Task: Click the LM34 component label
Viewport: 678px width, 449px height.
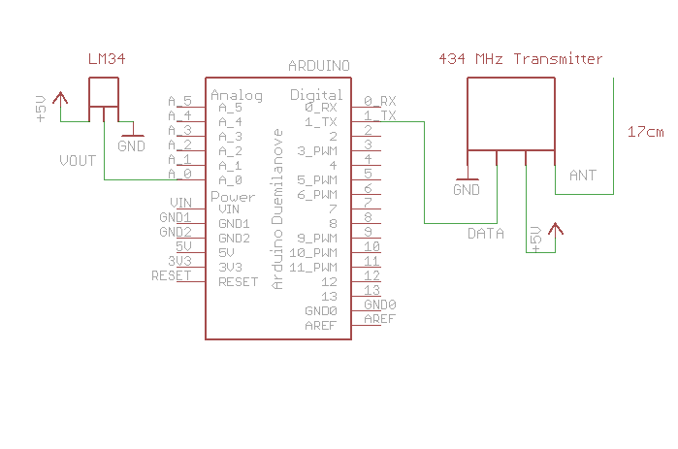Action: coord(108,60)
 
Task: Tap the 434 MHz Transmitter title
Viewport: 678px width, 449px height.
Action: coord(521,59)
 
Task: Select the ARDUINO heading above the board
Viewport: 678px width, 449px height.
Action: coord(319,65)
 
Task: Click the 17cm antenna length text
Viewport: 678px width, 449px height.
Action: coord(645,131)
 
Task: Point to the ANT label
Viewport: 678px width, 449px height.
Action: coord(582,176)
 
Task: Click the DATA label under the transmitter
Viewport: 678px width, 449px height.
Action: coord(486,234)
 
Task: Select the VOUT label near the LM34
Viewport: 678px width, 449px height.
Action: coord(78,160)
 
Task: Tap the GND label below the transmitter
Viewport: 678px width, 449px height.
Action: coord(467,190)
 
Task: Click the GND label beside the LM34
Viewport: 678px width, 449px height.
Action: coord(131,146)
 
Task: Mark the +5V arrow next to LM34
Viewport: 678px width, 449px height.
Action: coord(61,97)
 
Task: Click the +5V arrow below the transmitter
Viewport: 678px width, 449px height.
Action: coord(555,230)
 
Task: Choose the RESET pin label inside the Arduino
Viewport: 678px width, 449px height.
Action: coord(239,282)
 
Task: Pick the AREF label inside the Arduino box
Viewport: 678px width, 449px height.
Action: coord(320,326)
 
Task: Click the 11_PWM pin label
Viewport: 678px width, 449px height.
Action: coord(312,267)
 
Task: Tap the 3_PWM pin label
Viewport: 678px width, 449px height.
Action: coord(315,150)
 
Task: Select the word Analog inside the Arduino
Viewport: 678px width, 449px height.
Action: coord(237,95)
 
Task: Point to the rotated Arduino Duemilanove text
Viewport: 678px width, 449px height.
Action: coord(277,208)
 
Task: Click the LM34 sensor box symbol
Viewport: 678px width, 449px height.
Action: coord(104,92)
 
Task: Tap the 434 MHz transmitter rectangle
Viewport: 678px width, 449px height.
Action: coord(510,113)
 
